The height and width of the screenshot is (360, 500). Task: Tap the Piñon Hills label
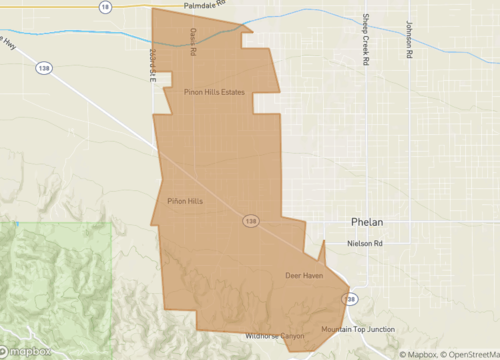pos(185,202)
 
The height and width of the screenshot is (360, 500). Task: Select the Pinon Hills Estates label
pos(214,92)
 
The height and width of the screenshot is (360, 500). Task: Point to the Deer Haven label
pos(304,275)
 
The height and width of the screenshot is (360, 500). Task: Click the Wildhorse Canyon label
pos(274,336)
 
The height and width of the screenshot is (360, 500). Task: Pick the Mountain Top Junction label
pos(357,330)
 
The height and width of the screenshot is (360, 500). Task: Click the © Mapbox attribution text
pos(420,354)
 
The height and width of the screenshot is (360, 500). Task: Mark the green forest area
pos(60,280)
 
